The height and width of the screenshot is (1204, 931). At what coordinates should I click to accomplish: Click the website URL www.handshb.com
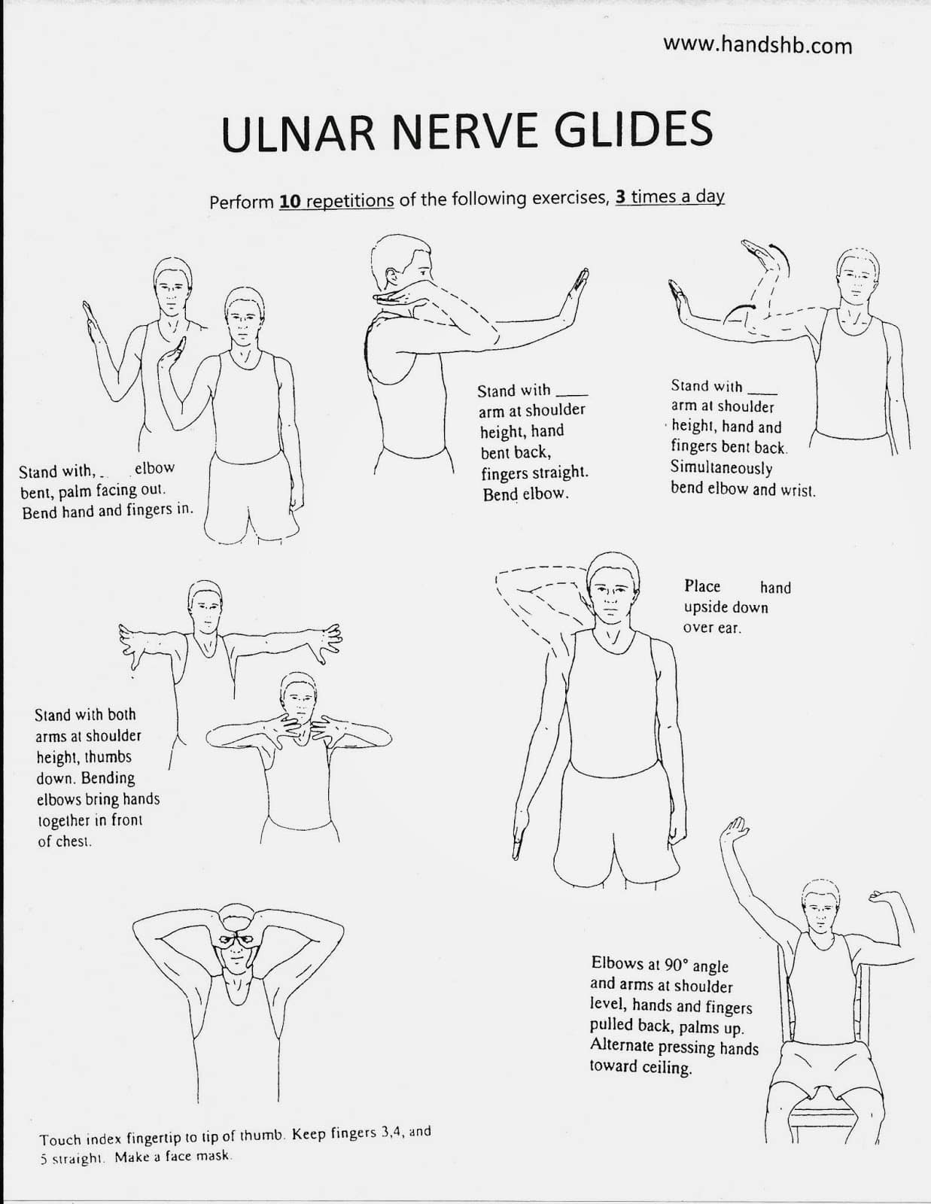[x=757, y=45]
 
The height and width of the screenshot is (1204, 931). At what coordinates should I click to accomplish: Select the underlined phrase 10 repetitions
[x=336, y=202]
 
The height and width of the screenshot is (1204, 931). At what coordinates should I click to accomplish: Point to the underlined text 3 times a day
[x=670, y=196]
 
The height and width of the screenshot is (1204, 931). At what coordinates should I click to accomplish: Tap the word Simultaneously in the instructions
[x=721, y=468]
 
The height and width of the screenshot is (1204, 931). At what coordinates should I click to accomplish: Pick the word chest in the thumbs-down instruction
[x=73, y=841]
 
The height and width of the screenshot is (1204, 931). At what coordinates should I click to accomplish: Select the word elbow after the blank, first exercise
[x=154, y=468]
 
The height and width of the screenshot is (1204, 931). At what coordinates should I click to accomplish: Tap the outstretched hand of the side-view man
[x=578, y=295]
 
